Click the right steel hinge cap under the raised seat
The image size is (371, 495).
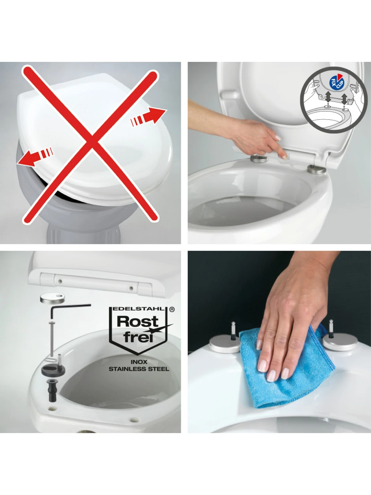[x=316, y=169]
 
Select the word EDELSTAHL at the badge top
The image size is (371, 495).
[x=139, y=309]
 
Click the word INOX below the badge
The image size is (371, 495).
[x=139, y=362]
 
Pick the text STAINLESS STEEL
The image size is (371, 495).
[x=139, y=369]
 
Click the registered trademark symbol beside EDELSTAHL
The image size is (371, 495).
[x=172, y=309]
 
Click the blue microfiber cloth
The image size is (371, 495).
[x=288, y=368]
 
